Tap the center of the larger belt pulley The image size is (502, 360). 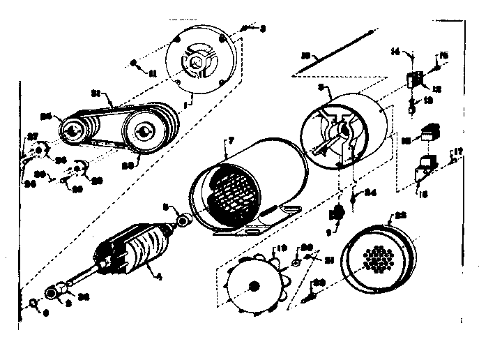143,133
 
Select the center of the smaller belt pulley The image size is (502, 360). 72,130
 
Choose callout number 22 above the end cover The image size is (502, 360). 400,217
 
